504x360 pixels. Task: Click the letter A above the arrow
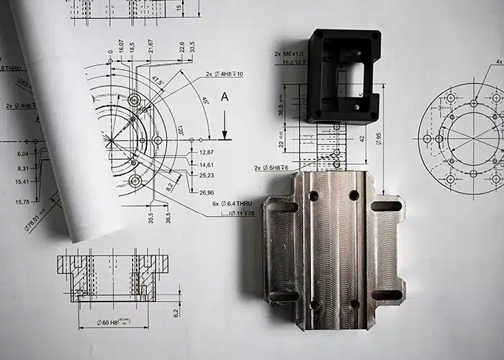[x=225, y=96]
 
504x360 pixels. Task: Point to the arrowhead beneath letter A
[x=225, y=135]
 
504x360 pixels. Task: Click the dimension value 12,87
[x=206, y=152]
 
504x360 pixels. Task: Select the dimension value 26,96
[x=206, y=192]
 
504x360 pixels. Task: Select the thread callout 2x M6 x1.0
[x=289, y=54]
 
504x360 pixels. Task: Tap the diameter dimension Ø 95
[x=397, y=138]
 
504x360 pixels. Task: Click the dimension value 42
[x=379, y=137]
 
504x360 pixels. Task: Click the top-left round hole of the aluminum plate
[x=313, y=195]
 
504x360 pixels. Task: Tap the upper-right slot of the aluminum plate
[x=386, y=207]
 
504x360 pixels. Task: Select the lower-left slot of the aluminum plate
[x=284, y=295]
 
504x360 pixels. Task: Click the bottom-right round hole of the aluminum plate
[x=354, y=305]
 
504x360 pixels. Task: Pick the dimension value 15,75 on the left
[x=22, y=202]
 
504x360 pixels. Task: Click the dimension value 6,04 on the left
[x=22, y=153]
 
